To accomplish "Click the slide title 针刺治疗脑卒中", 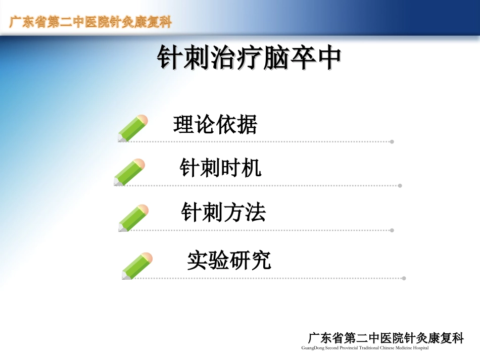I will coord(249,59).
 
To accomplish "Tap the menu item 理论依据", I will coord(215,125).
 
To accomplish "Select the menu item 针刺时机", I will coord(221,168).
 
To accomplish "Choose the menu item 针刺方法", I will coord(223,213).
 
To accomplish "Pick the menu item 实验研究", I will coord(229,260).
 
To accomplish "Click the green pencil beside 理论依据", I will coord(132,128).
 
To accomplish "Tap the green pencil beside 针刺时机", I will coord(129,172).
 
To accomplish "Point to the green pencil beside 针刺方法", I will coord(133,218).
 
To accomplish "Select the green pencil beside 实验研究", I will coord(137,266).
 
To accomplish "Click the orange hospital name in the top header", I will coord(91,23).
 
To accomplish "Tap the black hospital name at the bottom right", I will coord(386,338).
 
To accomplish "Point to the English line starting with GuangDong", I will coord(364,348).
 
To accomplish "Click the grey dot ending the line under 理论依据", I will coord(392,142).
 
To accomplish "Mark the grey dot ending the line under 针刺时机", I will coord(400,186).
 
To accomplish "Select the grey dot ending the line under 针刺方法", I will coord(392,230).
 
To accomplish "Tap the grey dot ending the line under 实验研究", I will coord(404,278).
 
